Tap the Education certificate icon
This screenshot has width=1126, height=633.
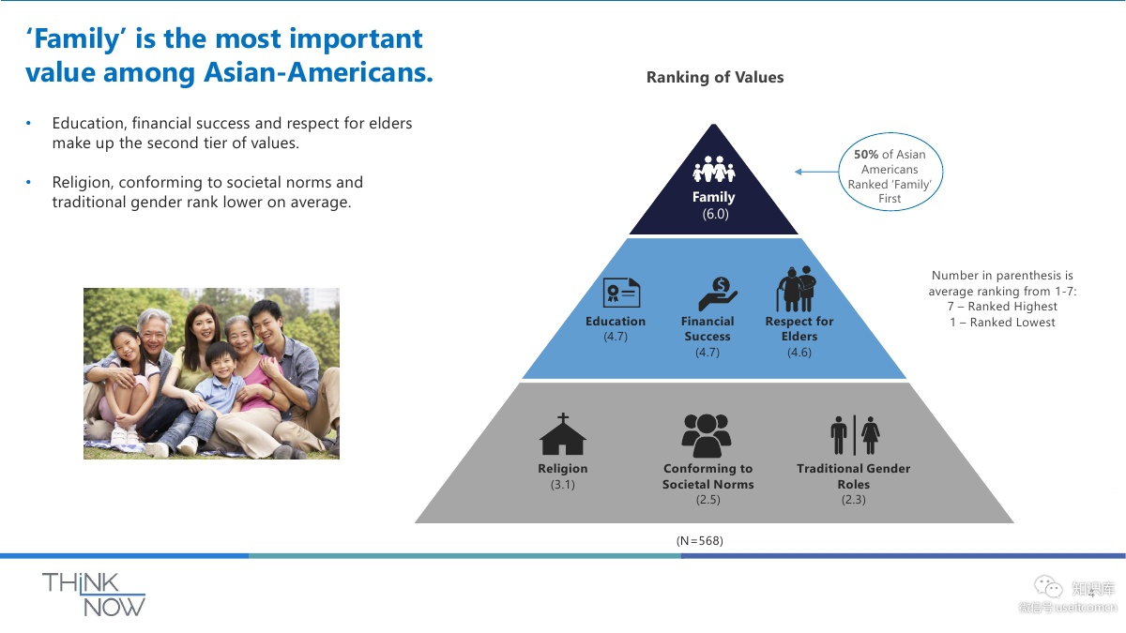(x=621, y=294)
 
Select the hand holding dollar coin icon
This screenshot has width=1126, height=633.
(x=718, y=294)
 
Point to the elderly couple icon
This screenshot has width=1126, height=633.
(x=796, y=290)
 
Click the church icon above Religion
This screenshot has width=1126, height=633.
(x=563, y=434)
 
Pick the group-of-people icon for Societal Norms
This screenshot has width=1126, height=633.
(x=706, y=434)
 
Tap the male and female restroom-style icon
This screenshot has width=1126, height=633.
(x=854, y=434)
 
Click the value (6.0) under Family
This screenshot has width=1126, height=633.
(x=715, y=214)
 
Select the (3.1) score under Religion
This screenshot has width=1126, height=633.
(x=563, y=485)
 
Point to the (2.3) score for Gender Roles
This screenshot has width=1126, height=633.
(x=853, y=500)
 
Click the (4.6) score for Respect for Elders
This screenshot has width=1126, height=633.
(x=799, y=353)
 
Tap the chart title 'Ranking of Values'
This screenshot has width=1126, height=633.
(x=715, y=78)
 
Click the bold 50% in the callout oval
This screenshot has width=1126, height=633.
(x=865, y=155)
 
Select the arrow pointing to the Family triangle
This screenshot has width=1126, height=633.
(x=816, y=172)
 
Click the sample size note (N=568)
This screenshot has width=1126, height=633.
(x=700, y=541)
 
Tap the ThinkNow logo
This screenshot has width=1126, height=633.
(x=94, y=594)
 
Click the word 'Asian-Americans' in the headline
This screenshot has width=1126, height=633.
(x=319, y=73)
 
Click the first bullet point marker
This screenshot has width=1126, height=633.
(x=29, y=124)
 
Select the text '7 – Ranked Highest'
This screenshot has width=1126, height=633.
(x=1002, y=307)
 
